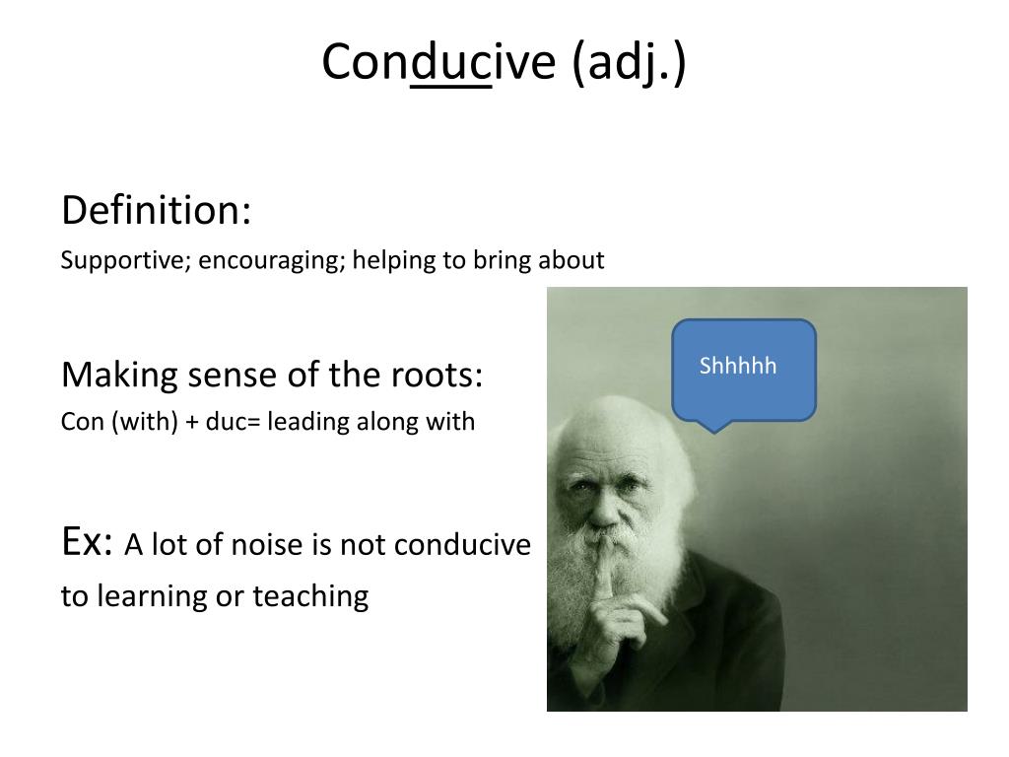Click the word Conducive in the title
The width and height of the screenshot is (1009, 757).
(439, 63)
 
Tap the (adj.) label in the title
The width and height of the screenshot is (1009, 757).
(628, 63)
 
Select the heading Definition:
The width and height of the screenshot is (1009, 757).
(157, 210)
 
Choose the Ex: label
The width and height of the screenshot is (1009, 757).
(88, 541)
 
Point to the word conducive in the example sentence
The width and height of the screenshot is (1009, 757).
(469, 545)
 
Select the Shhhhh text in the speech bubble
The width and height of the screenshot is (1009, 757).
(738, 367)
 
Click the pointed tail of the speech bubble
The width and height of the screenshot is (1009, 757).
(715, 427)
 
